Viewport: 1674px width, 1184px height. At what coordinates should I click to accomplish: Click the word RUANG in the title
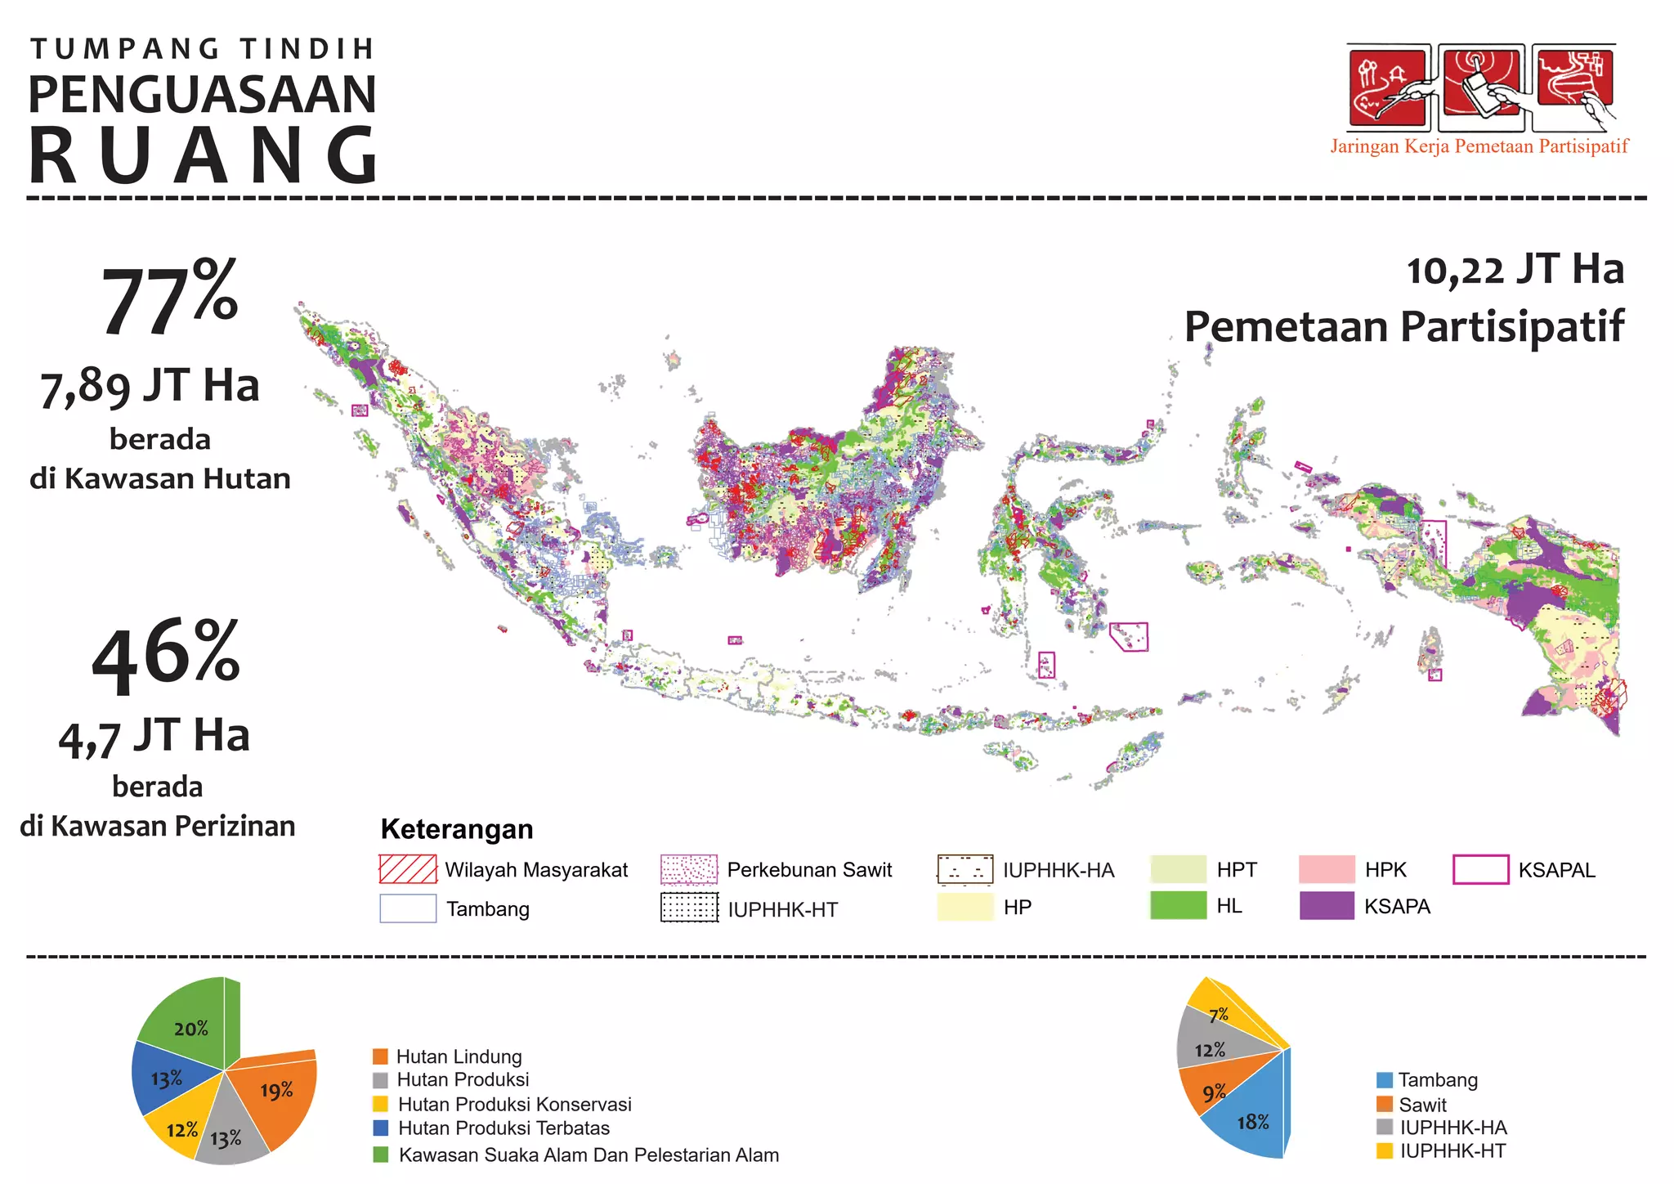pyautogui.click(x=203, y=155)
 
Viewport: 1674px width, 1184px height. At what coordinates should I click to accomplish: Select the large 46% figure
pyautogui.click(x=166, y=657)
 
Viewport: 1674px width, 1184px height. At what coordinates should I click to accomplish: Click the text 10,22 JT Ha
pyautogui.click(x=1515, y=270)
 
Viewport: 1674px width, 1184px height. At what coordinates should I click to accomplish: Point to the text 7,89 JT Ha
pyautogui.click(x=150, y=386)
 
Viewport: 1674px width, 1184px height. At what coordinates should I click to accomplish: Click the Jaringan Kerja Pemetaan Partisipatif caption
pyautogui.click(x=1479, y=146)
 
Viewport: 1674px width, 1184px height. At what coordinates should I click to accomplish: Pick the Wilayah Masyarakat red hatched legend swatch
pyautogui.click(x=408, y=869)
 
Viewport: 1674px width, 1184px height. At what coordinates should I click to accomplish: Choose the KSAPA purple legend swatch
pyautogui.click(x=1327, y=906)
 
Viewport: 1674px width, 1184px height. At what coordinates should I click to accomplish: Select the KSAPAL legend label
pyautogui.click(x=1556, y=870)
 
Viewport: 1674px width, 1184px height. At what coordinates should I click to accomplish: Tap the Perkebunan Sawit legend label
pyautogui.click(x=809, y=870)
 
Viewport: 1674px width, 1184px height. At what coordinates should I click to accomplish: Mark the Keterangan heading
pyautogui.click(x=457, y=829)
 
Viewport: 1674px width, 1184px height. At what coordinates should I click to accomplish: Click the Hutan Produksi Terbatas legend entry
pyautogui.click(x=504, y=1128)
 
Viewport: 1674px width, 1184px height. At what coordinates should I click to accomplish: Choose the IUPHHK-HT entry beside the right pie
pyautogui.click(x=1452, y=1151)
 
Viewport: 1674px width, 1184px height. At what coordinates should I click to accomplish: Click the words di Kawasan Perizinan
pyautogui.click(x=158, y=826)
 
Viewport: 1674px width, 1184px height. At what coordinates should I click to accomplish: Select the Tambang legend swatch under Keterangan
pyautogui.click(x=408, y=908)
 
